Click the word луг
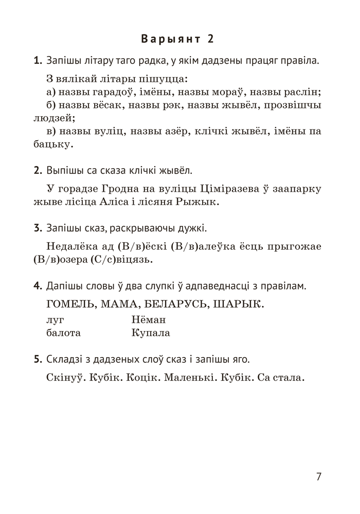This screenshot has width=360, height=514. coord(54,320)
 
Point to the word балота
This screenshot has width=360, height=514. coord(63,333)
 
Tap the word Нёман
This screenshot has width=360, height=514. coord(149,320)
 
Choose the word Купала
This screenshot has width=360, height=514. coord(151,333)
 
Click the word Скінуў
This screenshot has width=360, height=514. coord(65,379)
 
